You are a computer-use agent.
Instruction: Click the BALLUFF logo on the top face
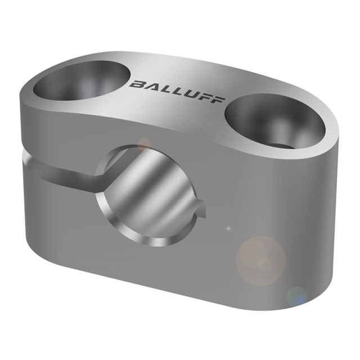click(x=177, y=92)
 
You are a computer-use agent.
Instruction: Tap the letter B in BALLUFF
click(x=137, y=84)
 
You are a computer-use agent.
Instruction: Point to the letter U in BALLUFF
click(x=190, y=95)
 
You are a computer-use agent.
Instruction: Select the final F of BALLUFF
click(x=218, y=100)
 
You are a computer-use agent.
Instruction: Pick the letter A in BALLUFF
click(x=151, y=87)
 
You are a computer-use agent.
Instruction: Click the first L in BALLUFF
click(x=165, y=90)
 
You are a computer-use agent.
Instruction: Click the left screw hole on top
click(x=82, y=80)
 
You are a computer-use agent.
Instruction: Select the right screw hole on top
click(x=275, y=123)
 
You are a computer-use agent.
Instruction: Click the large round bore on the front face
click(x=149, y=195)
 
